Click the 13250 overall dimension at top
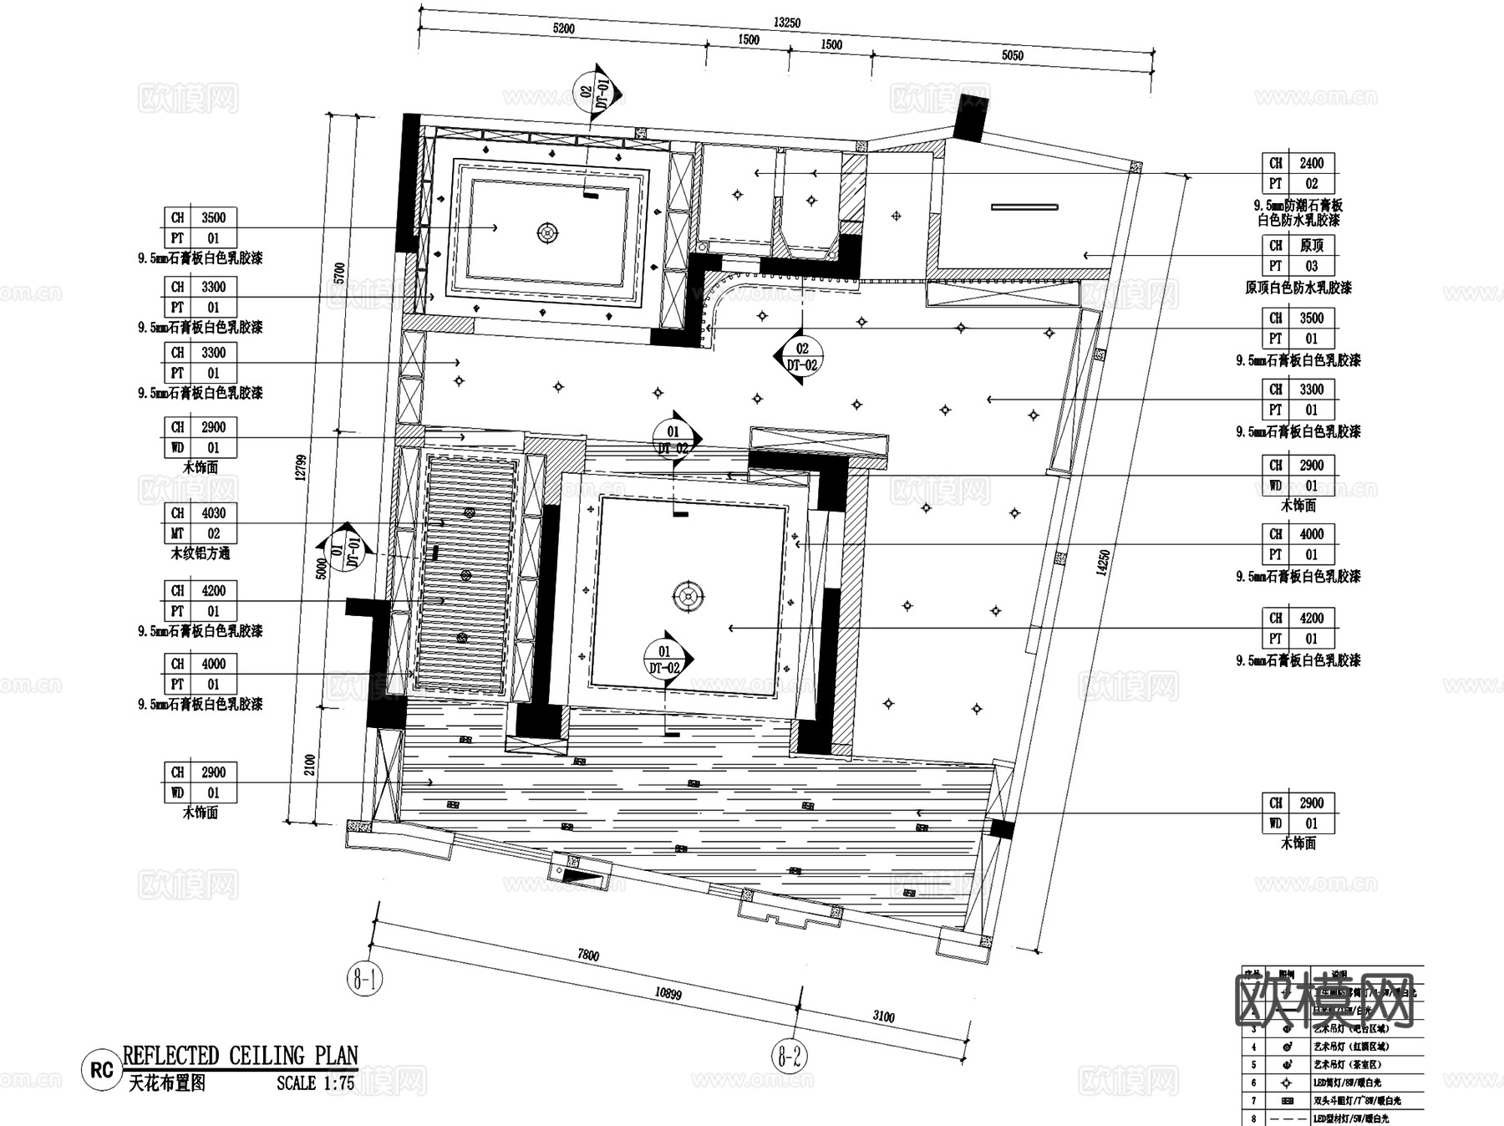786,23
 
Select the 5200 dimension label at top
563,28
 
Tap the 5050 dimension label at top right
1012,55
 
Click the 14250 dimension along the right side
1104,563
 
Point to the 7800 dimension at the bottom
588,955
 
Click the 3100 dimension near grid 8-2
884,1016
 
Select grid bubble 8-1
364,978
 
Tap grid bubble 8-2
790,1057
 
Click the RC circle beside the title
101,1071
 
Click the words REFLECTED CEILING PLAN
241,1056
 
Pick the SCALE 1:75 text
316,1083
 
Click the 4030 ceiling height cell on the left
214,513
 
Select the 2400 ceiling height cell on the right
1311,163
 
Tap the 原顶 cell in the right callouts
1311,246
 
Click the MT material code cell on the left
178,533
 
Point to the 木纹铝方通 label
201,553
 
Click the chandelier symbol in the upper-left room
547,233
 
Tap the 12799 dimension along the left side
302,466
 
